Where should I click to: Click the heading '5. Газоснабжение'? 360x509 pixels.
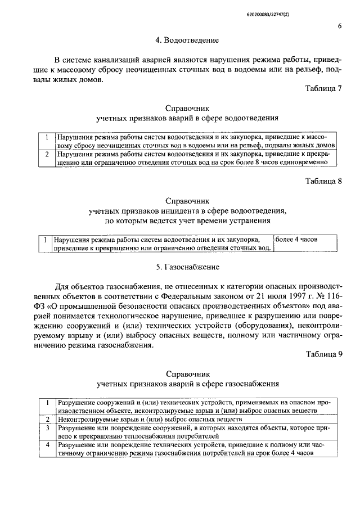pos(188,266)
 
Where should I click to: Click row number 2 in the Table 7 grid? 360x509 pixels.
pos(47,153)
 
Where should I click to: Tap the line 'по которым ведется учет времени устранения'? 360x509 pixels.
pos(187,221)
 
